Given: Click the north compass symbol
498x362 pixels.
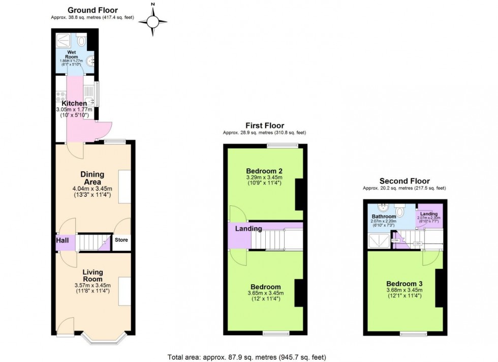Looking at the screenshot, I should [153, 21].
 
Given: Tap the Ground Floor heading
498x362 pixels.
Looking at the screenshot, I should [92, 10].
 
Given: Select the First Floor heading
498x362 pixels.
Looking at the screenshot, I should [264, 126].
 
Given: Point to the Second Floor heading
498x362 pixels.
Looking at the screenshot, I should [404, 181].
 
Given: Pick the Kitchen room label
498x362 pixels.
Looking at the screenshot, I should [75, 104].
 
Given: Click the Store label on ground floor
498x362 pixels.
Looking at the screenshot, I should [121, 240].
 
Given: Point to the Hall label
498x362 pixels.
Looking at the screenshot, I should [63, 240].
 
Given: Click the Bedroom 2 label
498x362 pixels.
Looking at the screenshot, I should [264, 171].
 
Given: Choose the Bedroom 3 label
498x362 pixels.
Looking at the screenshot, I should [404, 284].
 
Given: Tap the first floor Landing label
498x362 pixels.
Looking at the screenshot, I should [248, 229].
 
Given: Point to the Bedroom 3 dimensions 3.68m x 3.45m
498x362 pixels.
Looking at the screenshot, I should [404, 290].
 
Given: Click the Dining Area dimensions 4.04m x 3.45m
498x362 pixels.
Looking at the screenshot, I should [92, 189].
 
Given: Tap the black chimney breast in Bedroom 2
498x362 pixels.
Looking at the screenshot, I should [299, 194].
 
